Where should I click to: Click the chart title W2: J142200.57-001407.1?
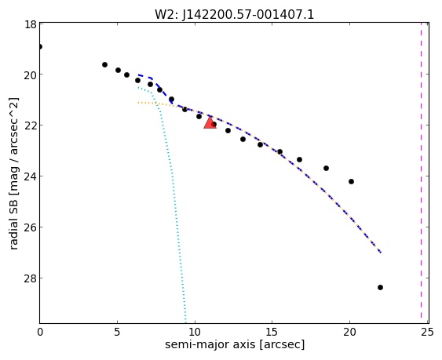click(234, 14)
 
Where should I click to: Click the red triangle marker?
click(210, 123)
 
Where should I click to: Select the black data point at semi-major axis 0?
click(40, 46)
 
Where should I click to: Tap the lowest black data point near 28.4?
click(380, 287)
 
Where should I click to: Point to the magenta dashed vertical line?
click(421, 173)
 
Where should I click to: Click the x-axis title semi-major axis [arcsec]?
click(235, 344)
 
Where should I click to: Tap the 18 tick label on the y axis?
click(30, 24)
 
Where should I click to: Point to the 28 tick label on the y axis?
click(30, 278)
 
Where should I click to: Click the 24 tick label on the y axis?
click(30, 176)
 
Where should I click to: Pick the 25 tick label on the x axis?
click(427, 333)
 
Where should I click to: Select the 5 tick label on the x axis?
click(117, 333)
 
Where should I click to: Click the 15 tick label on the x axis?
click(272, 333)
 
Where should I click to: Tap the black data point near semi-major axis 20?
click(351, 181)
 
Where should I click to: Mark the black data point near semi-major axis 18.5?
click(326, 168)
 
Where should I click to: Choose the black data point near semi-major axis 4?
click(104, 64)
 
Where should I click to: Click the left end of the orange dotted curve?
click(138, 103)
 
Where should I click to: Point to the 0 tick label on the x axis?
click(40, 333)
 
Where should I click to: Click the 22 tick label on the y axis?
click(30, 125)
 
